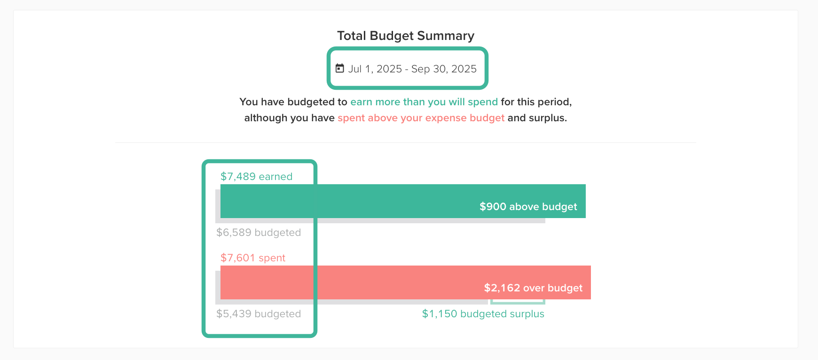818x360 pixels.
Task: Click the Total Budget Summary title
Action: (405, 36)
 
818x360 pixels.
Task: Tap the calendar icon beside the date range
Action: (339, 69)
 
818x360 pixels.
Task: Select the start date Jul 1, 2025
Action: (375, 69)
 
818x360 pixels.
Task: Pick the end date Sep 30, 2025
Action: (444, 69)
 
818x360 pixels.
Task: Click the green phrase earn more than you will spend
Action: (424, 102)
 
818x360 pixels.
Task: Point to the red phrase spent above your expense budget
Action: (421, 118)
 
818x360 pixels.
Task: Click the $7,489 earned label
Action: (256, 177)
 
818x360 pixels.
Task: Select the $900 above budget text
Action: (528, 207)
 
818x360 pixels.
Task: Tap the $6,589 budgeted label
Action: (258, 233)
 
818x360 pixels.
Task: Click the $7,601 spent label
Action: (253, 258)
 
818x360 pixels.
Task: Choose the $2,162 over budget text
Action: (533, 288)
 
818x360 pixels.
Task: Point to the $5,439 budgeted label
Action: (258, 314)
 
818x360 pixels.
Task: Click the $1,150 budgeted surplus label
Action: (483, 314)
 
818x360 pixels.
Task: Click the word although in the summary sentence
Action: (265, 118)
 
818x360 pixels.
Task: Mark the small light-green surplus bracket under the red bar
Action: (517, 302)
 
